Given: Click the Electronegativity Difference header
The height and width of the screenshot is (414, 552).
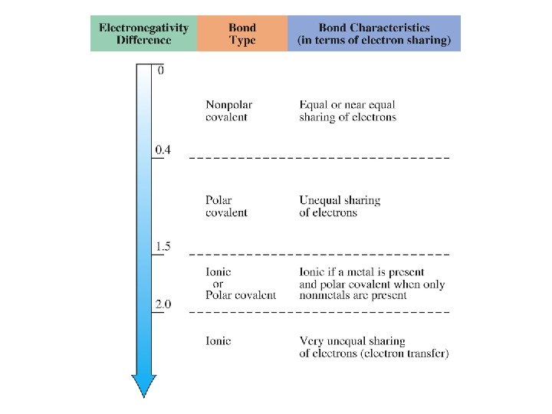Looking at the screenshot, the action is [x=143, y=34].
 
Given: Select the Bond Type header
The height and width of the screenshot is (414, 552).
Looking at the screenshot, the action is [x=242, y=34].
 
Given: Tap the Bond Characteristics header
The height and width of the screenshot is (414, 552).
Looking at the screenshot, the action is [x=374, y=34].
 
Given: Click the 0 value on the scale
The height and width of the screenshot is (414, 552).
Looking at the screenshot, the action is [x=160, y=71].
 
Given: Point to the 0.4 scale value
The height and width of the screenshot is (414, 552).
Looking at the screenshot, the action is [x=163, y=149].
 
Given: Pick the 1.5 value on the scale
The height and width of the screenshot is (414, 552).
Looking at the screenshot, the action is [x=163, y=246].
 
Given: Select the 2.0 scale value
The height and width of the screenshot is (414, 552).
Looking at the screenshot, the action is [x=163, y=304].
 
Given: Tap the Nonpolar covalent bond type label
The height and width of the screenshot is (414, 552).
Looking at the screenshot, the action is [x=228, y=110].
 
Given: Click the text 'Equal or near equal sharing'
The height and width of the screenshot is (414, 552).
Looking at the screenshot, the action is [x=347, y=110].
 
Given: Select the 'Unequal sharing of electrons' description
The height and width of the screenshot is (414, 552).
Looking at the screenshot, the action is [x=340, y=206].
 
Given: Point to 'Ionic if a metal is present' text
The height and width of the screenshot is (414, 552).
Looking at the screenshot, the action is [x=362, y=272].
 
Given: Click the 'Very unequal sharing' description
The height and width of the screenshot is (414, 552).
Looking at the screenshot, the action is [x=352, y=340].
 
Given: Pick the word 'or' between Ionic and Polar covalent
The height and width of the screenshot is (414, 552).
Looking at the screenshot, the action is [x=218, y=284].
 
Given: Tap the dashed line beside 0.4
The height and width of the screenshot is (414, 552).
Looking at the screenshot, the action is [x=319, y=157].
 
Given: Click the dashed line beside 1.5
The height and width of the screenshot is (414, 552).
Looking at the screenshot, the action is [x=319, y=253].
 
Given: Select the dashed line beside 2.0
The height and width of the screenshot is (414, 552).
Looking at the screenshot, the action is [x=319, y=312].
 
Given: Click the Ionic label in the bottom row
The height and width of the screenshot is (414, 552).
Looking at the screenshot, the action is [x=219, y=340].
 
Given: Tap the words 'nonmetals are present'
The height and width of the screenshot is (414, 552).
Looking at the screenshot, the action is [x=353, y=295].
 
